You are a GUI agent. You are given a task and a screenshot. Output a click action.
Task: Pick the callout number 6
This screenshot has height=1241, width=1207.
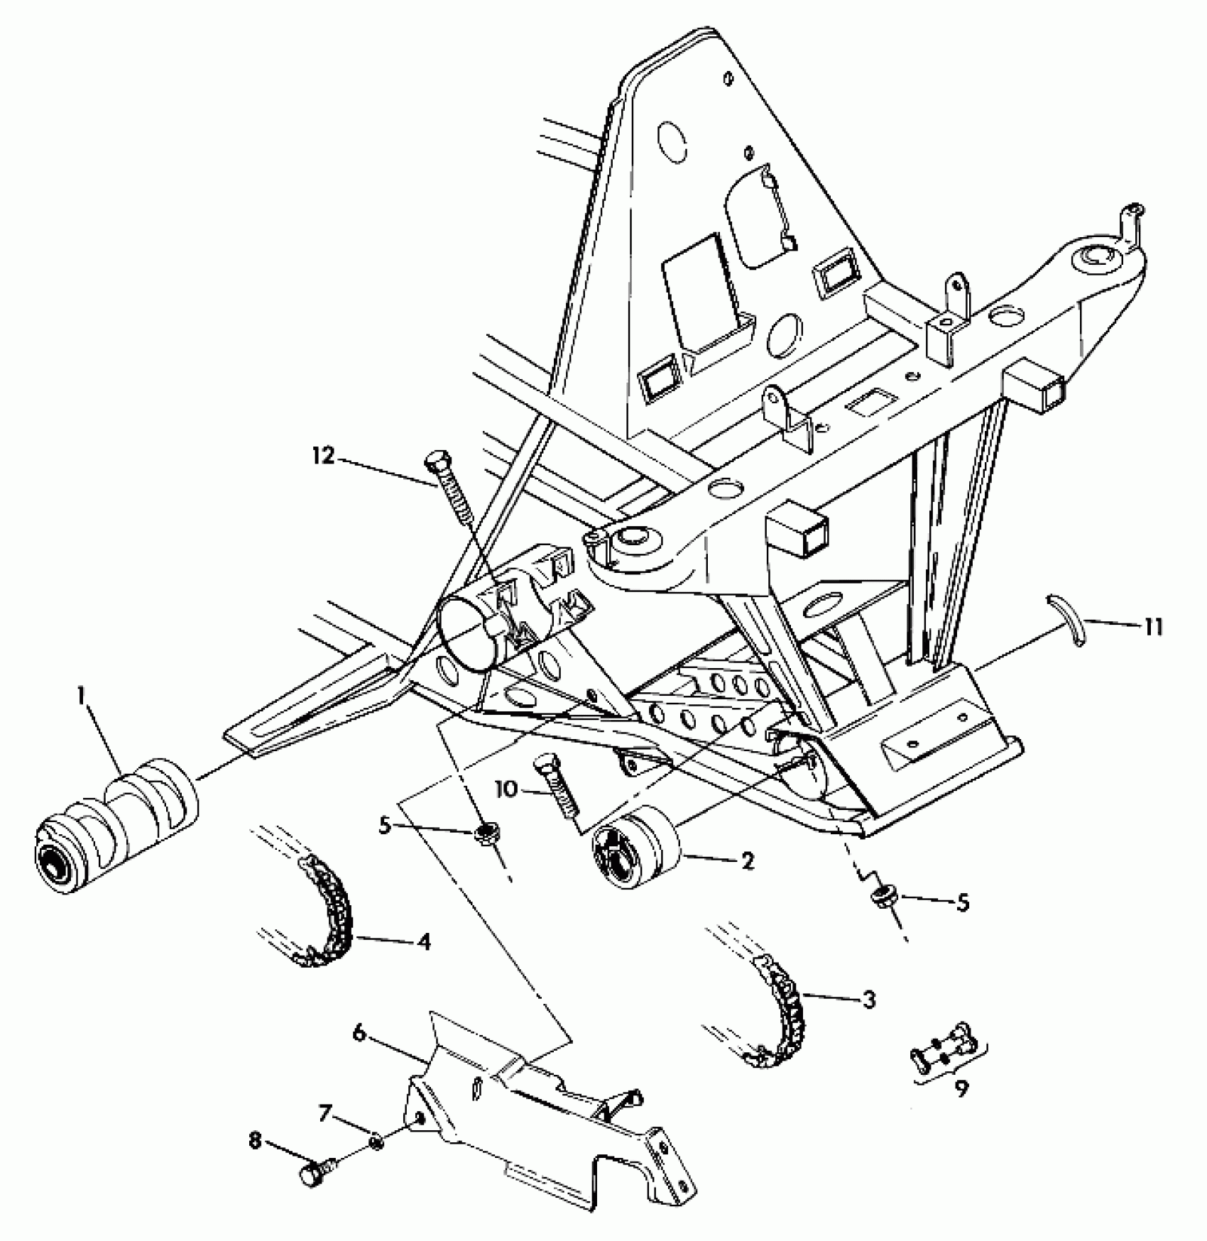(359, 1034)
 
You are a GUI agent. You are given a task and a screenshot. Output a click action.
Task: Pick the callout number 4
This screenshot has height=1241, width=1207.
(425, 943)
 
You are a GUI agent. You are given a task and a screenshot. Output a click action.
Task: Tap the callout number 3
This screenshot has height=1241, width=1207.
(869, 1000)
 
